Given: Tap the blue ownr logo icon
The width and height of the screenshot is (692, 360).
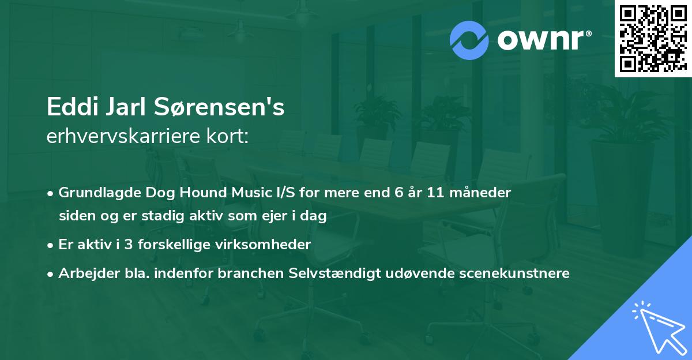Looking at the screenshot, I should tap(469, 40).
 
